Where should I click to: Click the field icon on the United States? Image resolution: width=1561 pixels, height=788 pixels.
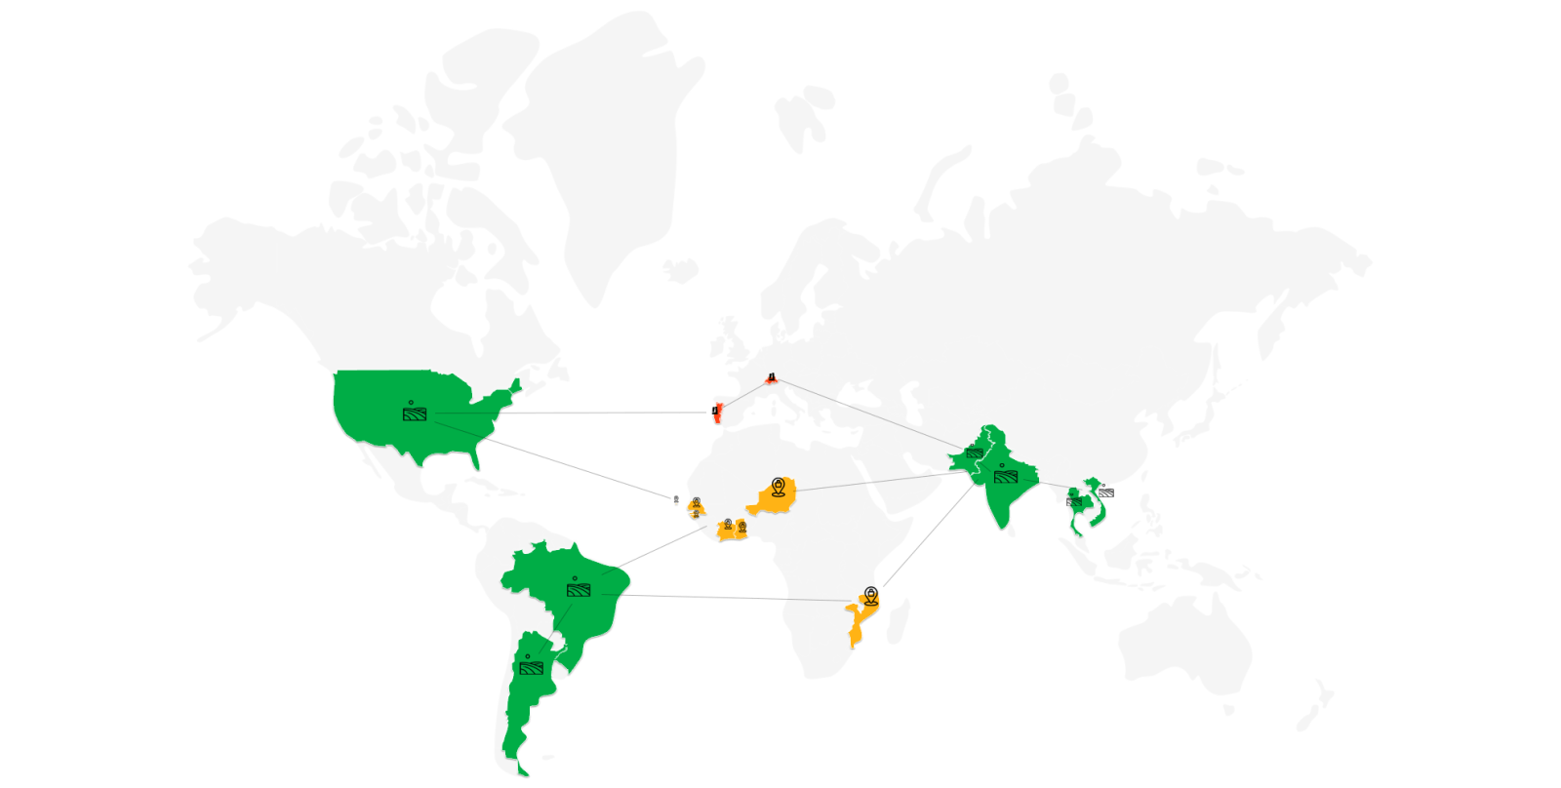415,414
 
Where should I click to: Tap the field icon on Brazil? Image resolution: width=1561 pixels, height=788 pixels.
578,590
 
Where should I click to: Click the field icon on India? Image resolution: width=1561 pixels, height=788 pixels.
1006,476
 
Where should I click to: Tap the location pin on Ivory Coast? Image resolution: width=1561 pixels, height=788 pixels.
728,526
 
